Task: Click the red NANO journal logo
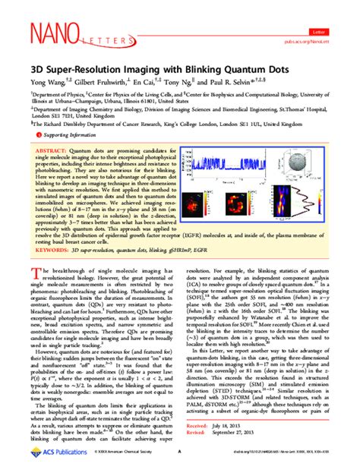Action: pos(51,33)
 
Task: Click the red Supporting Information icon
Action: pos(34,134)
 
